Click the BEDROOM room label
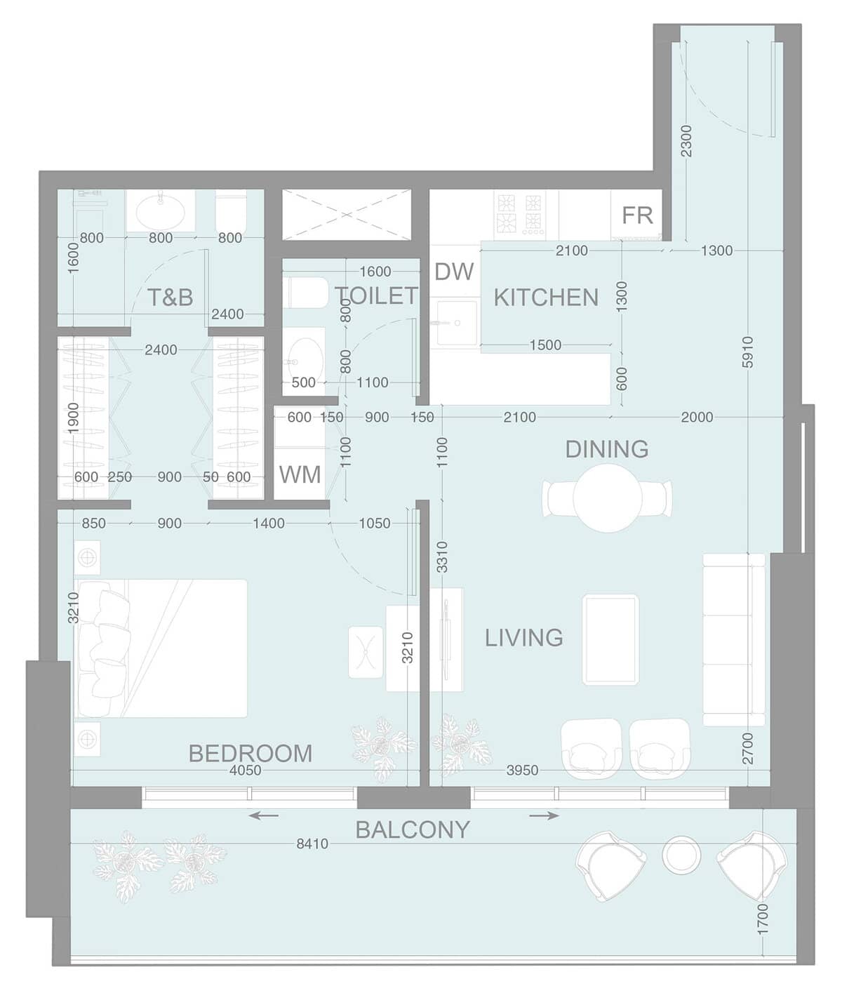pos(250,753)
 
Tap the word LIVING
pos(523,637)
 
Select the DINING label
pos(607,449)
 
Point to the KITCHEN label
pos(546,298)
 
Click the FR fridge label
pos(637,215)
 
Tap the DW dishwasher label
pos(454,272)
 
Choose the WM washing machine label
pos(300,474)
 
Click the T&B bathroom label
pos(170,298)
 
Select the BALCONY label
pos(412,829)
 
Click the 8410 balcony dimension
pos(312,844)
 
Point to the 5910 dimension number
pos(747,352)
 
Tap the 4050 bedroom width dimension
pos(246,770)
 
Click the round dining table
pos(607,498)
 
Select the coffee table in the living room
pos(610,639)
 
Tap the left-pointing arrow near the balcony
pos(263,815)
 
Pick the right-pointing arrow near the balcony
pos(544,815)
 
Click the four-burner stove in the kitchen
pos(521,214)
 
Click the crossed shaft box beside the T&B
pos(347,214)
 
